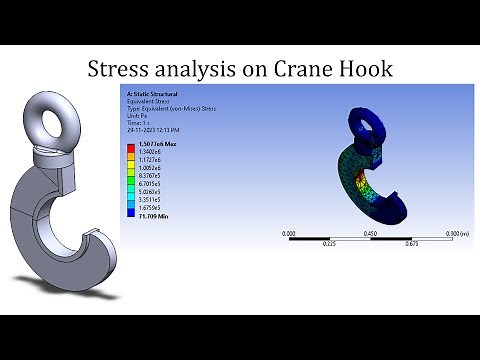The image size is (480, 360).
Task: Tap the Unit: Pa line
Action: tap(134, 114)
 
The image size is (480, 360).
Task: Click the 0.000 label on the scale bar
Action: tap(289, 232)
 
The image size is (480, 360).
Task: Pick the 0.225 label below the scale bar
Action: tap(328, 243)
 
